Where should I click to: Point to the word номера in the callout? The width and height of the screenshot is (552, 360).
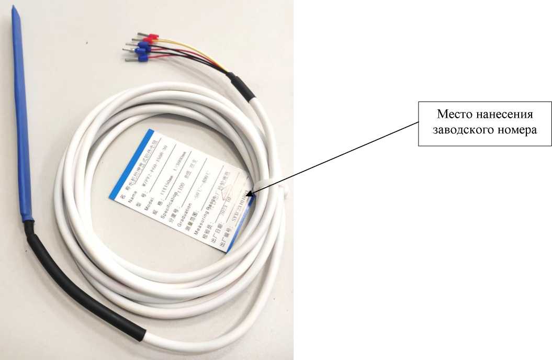point(517,130)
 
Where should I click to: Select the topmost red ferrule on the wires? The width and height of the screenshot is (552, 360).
point(151,37)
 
